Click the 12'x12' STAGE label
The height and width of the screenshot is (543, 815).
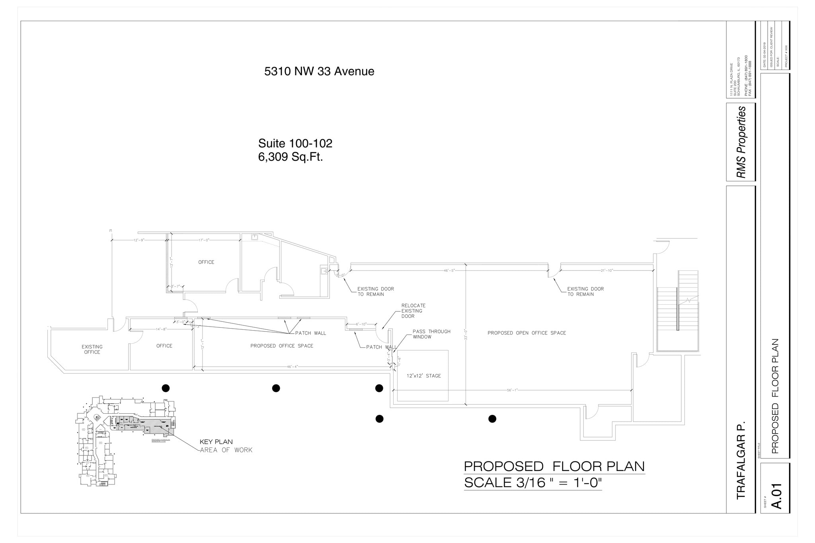click(x=423, y=376)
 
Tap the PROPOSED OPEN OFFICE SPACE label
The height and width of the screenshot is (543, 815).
click(x=526, y=333)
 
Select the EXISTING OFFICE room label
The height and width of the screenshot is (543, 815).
click(x=92, y=349)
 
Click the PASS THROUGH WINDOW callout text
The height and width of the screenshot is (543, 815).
click(x=431, y=334)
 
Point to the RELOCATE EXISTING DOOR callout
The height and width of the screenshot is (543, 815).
click(x=413, y=311)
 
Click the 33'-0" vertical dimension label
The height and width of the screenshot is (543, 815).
click(x=466, y=334)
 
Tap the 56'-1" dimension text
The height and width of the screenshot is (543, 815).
click(x=512, y=390)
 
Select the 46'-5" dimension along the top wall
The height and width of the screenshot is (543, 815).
click(x=449, y=271)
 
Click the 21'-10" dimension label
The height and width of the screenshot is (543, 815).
click(x=606, y=271)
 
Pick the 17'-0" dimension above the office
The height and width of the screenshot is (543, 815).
click(x=204, y=240)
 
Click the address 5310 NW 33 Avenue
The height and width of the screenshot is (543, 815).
click(x=319, y=72)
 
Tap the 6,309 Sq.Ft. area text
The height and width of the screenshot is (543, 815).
click(x=291, y=157)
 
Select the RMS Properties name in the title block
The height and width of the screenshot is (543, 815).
click(x=741, y=142)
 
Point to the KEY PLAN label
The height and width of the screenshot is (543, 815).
click(x=216, y=442)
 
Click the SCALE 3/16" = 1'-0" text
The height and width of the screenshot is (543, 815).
click(x=533, y=483)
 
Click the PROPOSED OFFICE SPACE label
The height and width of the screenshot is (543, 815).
click(x=282, y=346)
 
